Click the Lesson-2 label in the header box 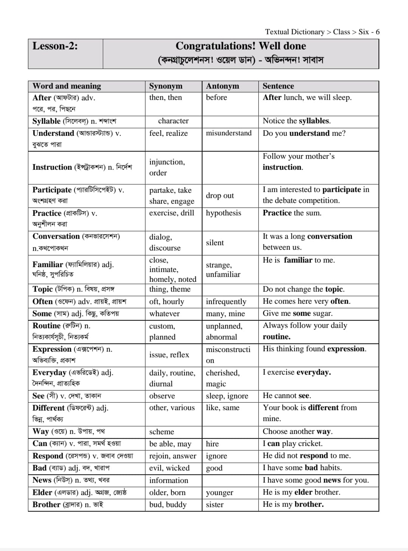55,46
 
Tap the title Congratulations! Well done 241,46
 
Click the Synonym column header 165,86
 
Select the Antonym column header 223,86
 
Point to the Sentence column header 278,86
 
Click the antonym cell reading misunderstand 229,133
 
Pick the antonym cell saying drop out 220,195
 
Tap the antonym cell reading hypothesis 223,213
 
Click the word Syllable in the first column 46,121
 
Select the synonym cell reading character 173,121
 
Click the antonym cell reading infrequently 226,302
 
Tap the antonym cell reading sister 215,505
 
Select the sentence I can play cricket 293,443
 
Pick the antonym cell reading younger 219,493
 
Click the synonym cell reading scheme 162,432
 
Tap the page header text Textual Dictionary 295,32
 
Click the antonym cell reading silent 215,243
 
